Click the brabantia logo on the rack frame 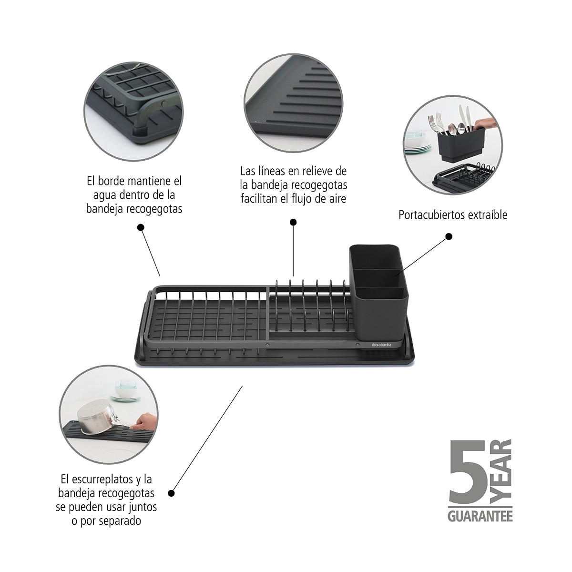click(381, 345)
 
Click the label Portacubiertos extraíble click(453, 215)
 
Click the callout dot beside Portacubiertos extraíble click(449, 236)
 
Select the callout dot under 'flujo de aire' click(293, 222)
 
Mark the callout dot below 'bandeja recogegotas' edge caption click(141, 228)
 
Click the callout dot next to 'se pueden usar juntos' click(171, 493)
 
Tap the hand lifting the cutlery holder click(486, 123)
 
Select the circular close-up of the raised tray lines click(293, 103)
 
